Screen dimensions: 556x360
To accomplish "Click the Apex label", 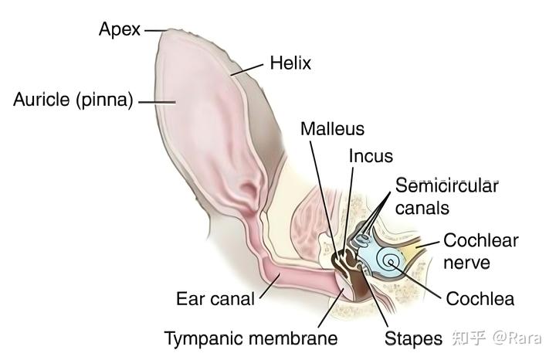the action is [x=120, y=30].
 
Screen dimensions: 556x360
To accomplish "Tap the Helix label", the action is [x=290, y=63].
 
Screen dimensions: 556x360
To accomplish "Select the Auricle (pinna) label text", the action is [x=74, y=100].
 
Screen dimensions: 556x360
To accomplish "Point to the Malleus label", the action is [x=333, y=128].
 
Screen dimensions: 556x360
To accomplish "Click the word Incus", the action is [x=371, y=156].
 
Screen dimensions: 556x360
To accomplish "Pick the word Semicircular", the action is [x=446, y=185].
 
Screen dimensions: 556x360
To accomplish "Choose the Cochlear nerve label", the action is [x=480, y=251].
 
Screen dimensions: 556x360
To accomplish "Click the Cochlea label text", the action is [x=480, y=298].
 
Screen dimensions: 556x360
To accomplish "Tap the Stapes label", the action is [x=413, y=338].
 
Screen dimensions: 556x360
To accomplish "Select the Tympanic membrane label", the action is [x=251, y=338].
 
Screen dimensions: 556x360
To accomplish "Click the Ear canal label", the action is [x=215, y=298].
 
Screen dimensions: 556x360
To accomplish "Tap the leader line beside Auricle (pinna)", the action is [x=154, y=100].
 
